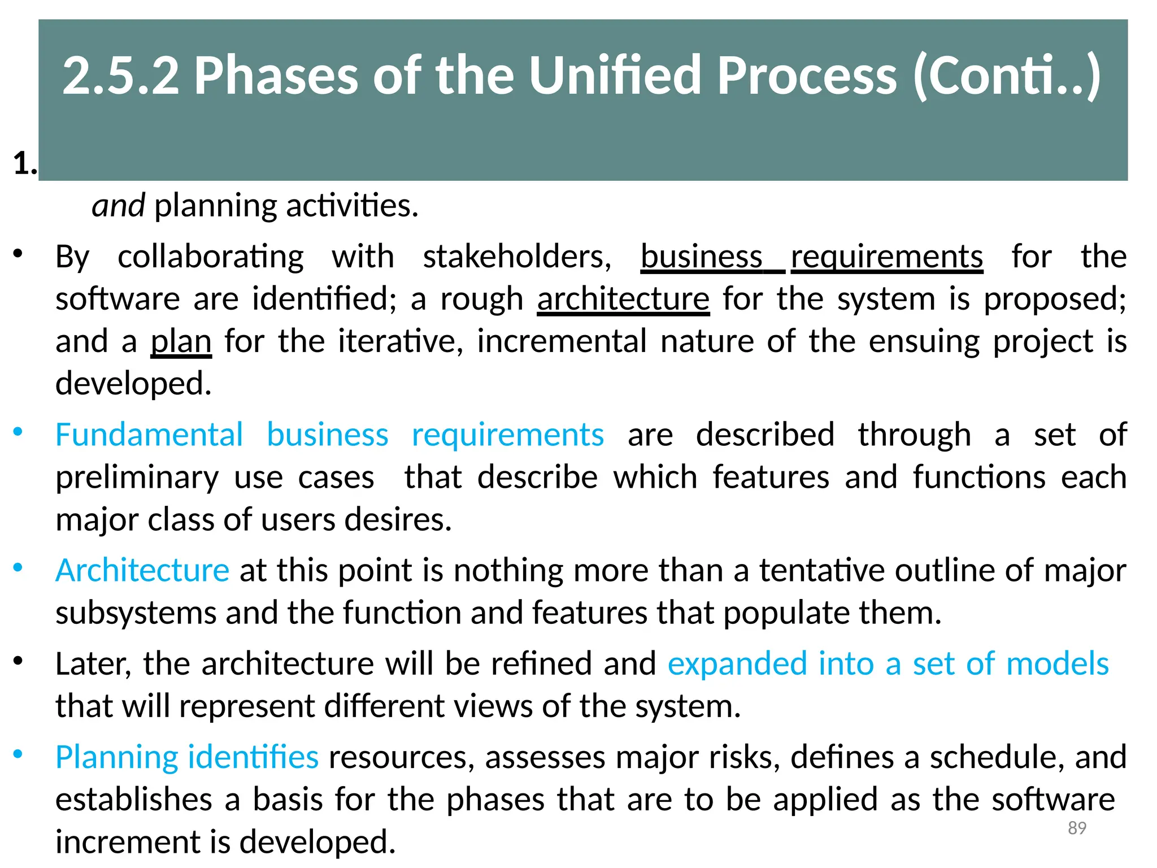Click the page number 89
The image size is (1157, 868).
pos(1077,828)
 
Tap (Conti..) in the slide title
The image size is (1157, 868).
pos(1006,77)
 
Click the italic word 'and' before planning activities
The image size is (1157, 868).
pos(118,206)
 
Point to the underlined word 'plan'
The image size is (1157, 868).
pos(181,342)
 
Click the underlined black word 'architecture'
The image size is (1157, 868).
pos(623,299)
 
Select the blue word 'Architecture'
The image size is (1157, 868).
pos(142,570)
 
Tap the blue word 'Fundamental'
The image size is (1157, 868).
pos(149,435)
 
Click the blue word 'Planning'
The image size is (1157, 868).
pos(117,757)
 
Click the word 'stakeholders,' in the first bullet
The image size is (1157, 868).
pos(517,257)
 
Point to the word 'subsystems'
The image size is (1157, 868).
pos(136,613)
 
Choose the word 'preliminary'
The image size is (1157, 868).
pos(137,478)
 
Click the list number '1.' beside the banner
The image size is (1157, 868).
pos(25,164)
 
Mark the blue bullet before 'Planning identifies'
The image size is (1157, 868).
pos(18,754)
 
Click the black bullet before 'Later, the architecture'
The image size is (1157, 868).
pos(18,661)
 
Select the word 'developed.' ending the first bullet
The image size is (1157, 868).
pos(133,384)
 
